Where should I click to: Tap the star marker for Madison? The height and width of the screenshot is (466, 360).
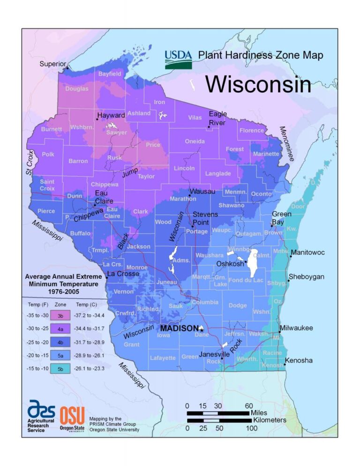(x=201, y=329)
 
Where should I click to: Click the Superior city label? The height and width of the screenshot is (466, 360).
(x=52, y=64)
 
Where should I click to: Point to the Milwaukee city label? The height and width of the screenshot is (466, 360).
(x=296, y=328)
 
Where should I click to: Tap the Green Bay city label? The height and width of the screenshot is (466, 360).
(x=282, y=218)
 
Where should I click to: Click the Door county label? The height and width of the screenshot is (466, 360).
(x=298, y=206)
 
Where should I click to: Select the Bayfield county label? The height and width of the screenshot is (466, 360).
(x=110, y=74)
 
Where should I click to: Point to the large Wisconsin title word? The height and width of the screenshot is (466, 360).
(x=258, y=84)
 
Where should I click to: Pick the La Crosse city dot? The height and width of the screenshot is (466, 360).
(x=107, y=278)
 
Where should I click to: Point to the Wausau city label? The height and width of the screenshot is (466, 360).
(x=202, y=192)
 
